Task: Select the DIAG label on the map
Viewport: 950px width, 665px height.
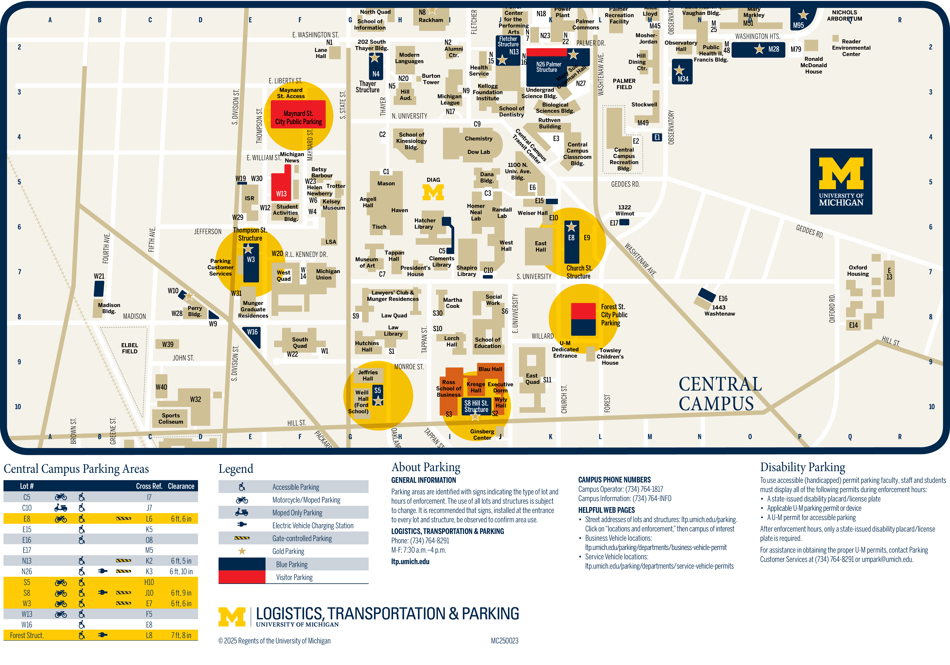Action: click(433, 180)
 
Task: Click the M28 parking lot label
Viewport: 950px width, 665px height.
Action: click(773, 49)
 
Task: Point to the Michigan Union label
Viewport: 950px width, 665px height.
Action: click(328, 274)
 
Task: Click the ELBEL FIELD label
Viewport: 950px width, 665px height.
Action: click(129, 348)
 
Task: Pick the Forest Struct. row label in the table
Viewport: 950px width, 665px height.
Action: click(26, 635)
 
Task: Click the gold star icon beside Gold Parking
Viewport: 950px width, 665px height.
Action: click(242, 551)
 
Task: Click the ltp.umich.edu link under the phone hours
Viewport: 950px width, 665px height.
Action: click(410, 562)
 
